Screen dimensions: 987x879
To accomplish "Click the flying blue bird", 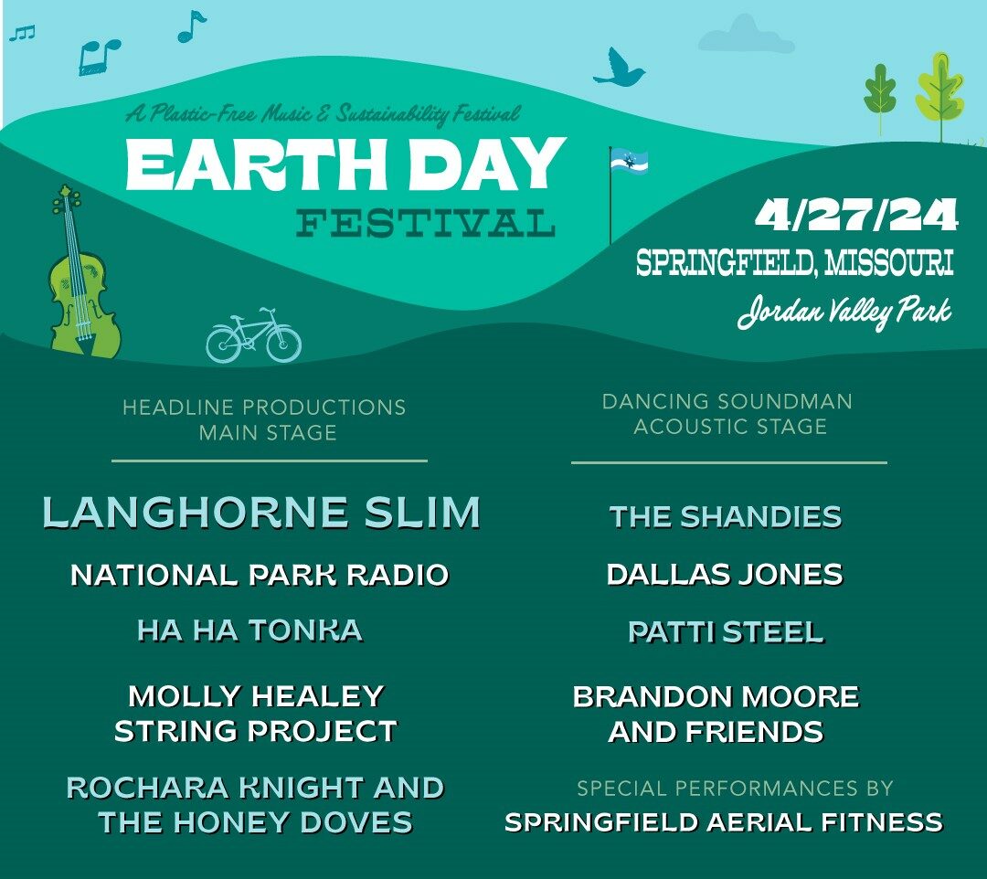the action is (618, 68).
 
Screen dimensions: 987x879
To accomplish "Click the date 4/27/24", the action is (856, 216).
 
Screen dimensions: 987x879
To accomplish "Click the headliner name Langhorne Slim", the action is (261, 513).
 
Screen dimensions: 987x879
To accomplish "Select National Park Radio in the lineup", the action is (260, 575).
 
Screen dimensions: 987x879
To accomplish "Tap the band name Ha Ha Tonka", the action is (249, 630).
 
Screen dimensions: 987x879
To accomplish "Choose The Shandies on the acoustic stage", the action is (725, 517).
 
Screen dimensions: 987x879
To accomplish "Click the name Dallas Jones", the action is (725, 575).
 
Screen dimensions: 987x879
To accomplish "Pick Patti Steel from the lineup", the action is (726, 632).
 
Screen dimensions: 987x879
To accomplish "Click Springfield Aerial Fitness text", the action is (724, 822).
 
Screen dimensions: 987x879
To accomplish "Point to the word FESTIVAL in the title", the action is (426, 223).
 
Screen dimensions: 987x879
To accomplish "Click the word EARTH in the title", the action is (256, 164).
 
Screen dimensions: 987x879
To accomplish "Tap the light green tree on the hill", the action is (939, 94).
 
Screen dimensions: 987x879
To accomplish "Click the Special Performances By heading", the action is (735, 788).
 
